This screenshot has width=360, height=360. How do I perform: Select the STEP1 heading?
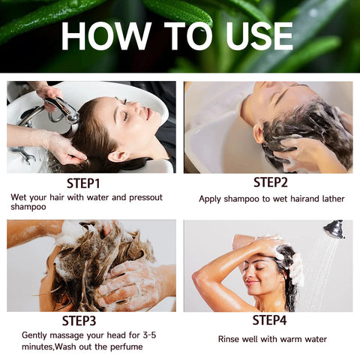coord(82,182)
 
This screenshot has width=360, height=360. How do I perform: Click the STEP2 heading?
coord(271,181)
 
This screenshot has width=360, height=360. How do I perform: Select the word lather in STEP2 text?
coord(331,199)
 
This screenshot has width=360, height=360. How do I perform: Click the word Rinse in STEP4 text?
coord(230,339)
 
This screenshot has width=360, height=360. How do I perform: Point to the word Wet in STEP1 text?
coord(19,196)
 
